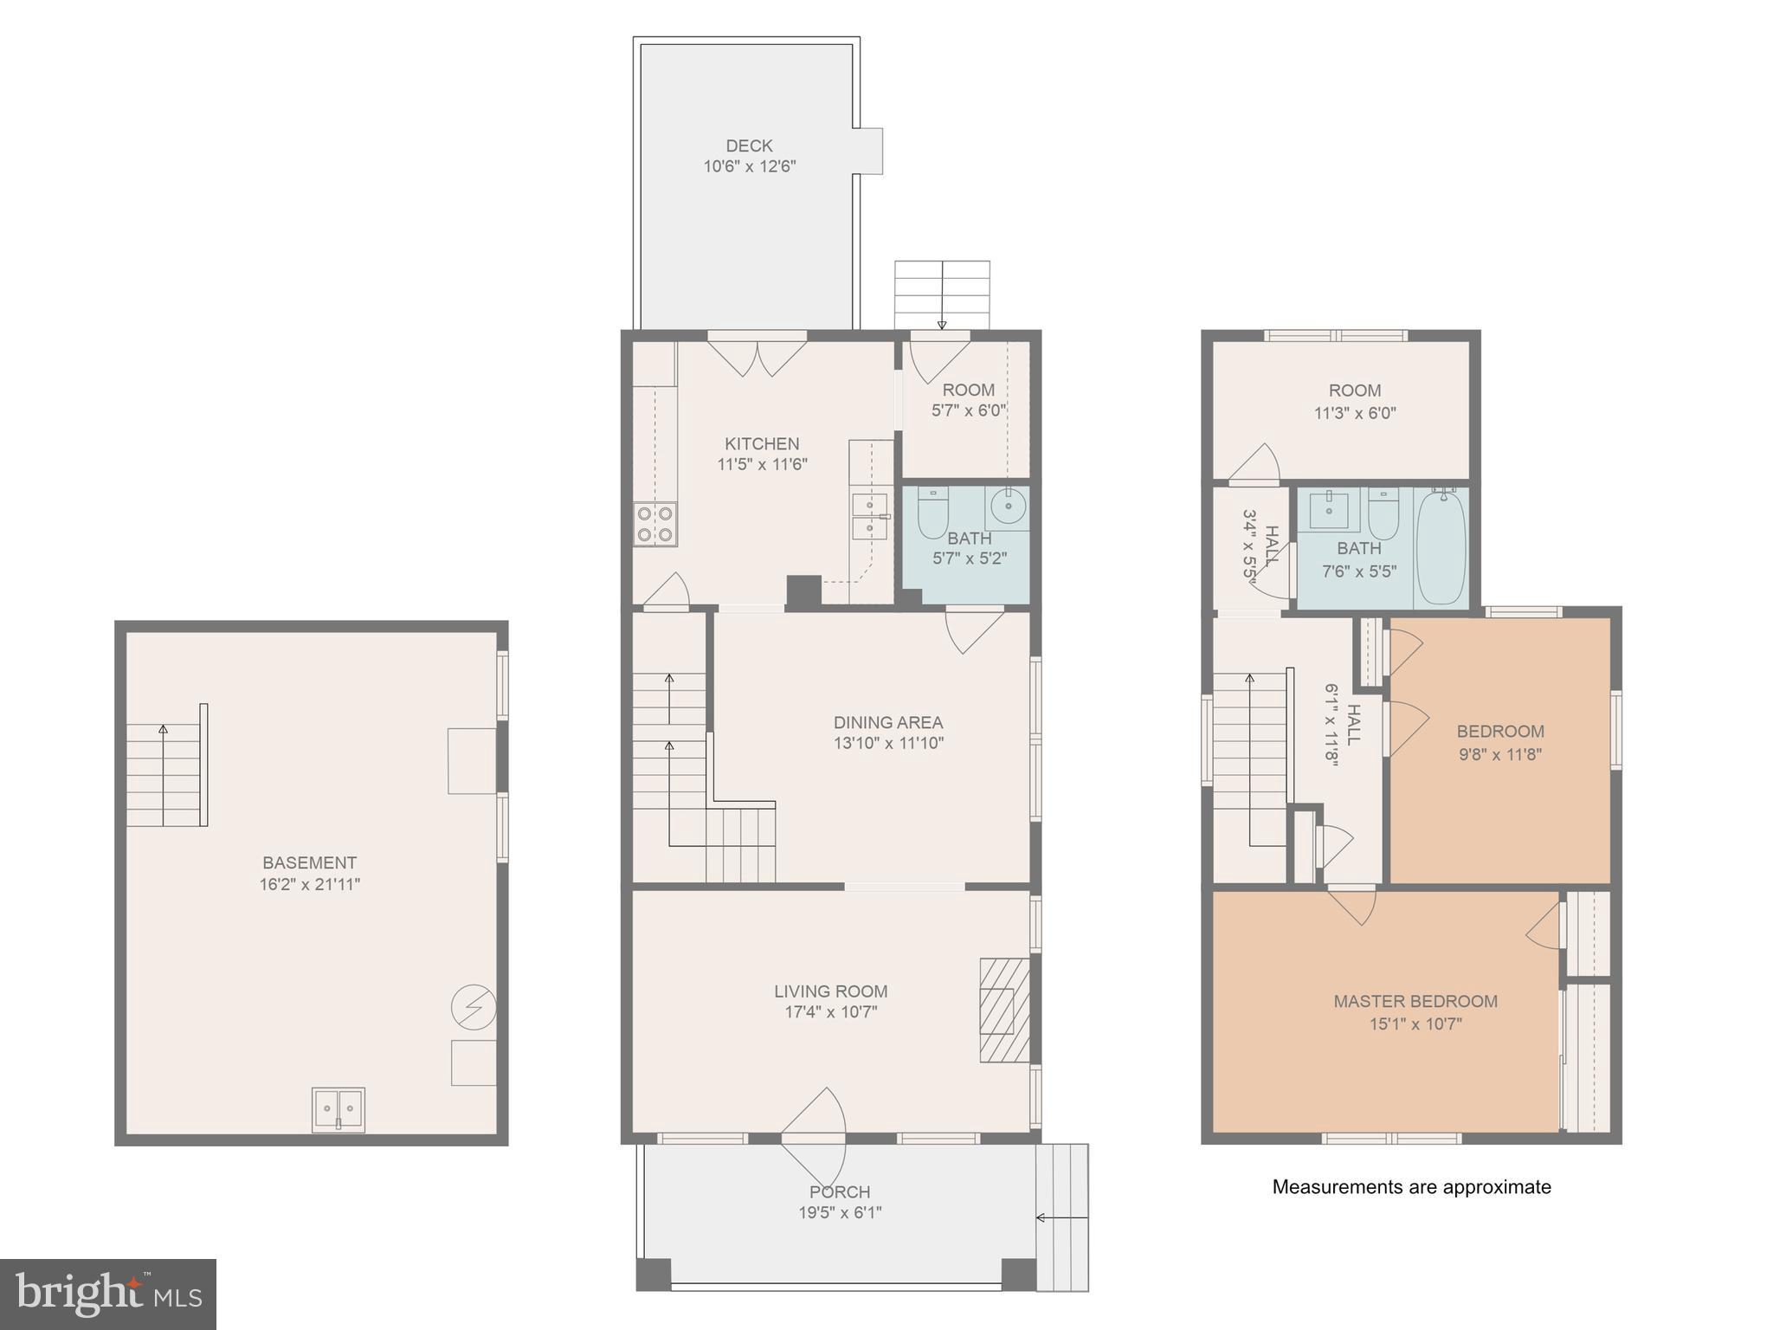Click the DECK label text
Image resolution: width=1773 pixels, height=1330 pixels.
(x=749, y=145)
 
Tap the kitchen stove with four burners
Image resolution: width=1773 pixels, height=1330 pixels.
(x=655, y=524)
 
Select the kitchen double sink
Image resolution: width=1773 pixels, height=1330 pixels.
(x=869, y=517)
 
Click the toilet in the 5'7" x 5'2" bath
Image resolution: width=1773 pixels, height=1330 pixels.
(x=933, y=513)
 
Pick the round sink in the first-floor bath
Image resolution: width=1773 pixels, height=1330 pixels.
(x=1008, y=507)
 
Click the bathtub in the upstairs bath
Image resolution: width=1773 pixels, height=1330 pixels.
(x=1441, y=547)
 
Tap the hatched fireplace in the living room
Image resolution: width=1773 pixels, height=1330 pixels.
(x=1004, y=1010)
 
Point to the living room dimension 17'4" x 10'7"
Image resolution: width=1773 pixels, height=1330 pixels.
(x=830, y=1012)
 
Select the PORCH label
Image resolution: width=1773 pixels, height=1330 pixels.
(x=840, y=1191)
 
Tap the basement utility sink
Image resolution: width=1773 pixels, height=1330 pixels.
(x=338, y=1108)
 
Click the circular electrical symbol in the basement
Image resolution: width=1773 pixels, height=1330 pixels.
(x=474, y=1008)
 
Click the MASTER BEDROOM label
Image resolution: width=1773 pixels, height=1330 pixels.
(x=1415, y=1001)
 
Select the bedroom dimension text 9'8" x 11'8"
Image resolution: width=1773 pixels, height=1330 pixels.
(x=1499, y=753)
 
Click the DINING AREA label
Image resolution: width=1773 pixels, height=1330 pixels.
(x=887, y=722)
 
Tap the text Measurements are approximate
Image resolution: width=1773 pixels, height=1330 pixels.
(x=1411, y=1187)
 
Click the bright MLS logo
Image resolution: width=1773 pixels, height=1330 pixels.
(x=107, y=1294)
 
